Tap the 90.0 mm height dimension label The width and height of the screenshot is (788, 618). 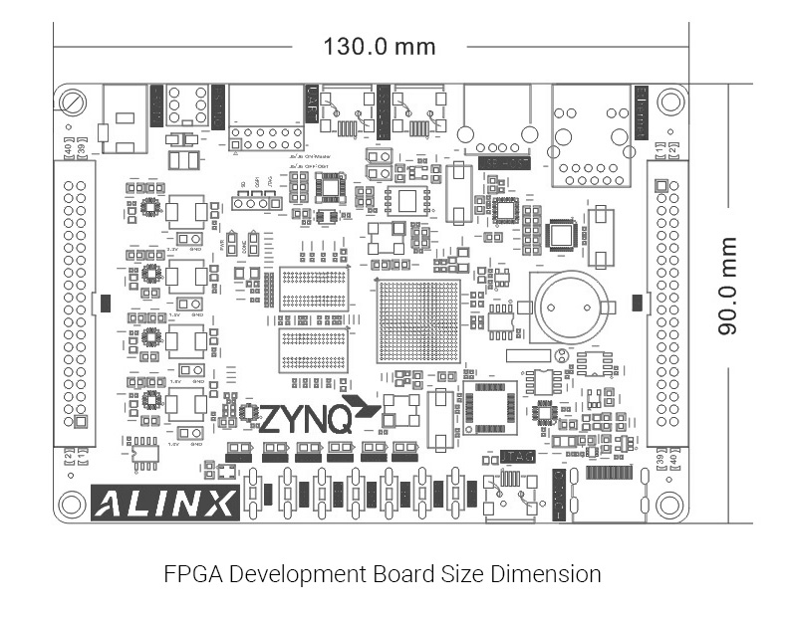[729, 286]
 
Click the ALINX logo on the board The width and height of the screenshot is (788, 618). [165, 503]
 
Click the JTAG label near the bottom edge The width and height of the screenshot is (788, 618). [520, 457]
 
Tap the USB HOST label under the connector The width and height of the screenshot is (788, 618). [504, 161]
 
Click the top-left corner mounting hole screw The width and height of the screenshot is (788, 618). [73, 102]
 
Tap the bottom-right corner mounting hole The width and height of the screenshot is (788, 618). [670, 505]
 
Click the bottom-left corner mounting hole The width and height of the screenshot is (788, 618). [71, 504]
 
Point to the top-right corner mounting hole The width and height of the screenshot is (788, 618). [670, 102]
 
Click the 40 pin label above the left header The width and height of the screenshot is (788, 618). [69, 149]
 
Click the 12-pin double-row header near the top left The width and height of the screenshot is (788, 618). [266, 138]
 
